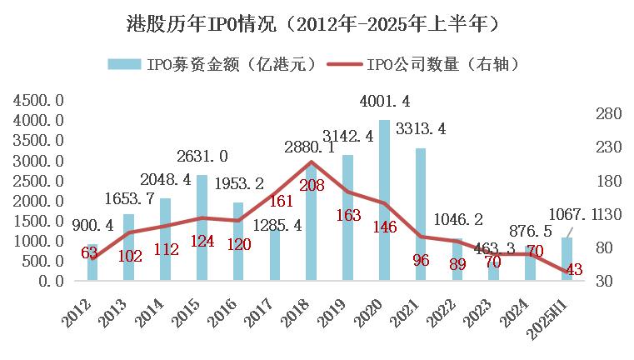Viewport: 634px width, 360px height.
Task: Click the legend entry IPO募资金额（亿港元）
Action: [x=212, y=64]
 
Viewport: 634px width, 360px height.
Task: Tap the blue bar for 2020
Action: [x=384, y=200]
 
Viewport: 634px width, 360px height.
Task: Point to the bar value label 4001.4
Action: [x=384, y=102]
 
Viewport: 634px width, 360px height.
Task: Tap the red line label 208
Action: [x=309, y=185]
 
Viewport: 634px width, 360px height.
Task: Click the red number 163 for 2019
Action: [x=347, y=215]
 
